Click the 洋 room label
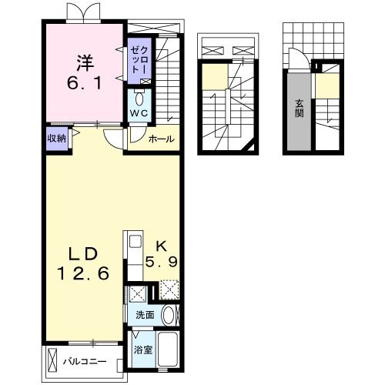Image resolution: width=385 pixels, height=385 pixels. pyautogui.click(x=85, y=62)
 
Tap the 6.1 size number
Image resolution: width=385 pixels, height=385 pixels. pyautogui.click(x=85, y=83)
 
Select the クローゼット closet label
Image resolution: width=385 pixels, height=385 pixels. pyautogui.click(x=139, y=60)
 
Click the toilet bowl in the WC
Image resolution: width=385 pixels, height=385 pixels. pyautogui.click(x=139, y=98)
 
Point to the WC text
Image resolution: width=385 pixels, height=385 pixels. pyautogui.click(x=139, y=113)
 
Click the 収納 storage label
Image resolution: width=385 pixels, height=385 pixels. pyautogui.click(x=57, y=139)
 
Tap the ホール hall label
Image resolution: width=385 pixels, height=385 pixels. pyautogui.click(x=162, y=139)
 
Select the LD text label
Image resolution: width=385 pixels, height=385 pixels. pyautogui.click(x=83, y=254)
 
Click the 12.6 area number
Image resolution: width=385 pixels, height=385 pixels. pyautogui.click(x=83, y=273)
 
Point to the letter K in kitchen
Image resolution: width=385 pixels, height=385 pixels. pyautogui.click(x=162, y=246)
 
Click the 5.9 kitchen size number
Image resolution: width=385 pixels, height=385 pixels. pyautogui.click(x=162, y=262)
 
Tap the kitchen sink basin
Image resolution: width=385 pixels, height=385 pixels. pyautogui.click(x=136, y=242)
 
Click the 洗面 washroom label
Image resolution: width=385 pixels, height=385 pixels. pyautogui.click(x=145, y=315)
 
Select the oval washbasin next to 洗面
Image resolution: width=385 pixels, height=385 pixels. pyautogui.click(x=169, y=315)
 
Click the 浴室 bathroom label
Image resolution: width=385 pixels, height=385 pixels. pyautogui.click(x=143, y=350)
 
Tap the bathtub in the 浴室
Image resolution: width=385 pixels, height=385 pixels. pyautogui.click(x=168, y=349)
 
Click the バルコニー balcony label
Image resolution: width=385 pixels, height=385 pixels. pyautogui.click(x=85, y=362)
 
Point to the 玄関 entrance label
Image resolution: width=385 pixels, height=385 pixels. pyautogui.click(x=300, y=108)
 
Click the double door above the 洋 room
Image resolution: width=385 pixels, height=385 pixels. pyautogui.click(x=83, y=12)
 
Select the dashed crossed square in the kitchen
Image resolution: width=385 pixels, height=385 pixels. pyautogui.click(x=169, y=290)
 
